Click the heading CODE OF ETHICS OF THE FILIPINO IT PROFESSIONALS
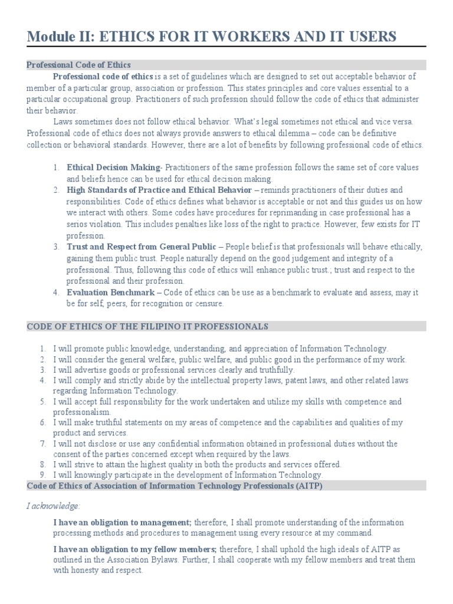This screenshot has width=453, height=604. tap(147, 326)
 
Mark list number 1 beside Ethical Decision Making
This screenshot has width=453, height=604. tap(55, 168)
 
